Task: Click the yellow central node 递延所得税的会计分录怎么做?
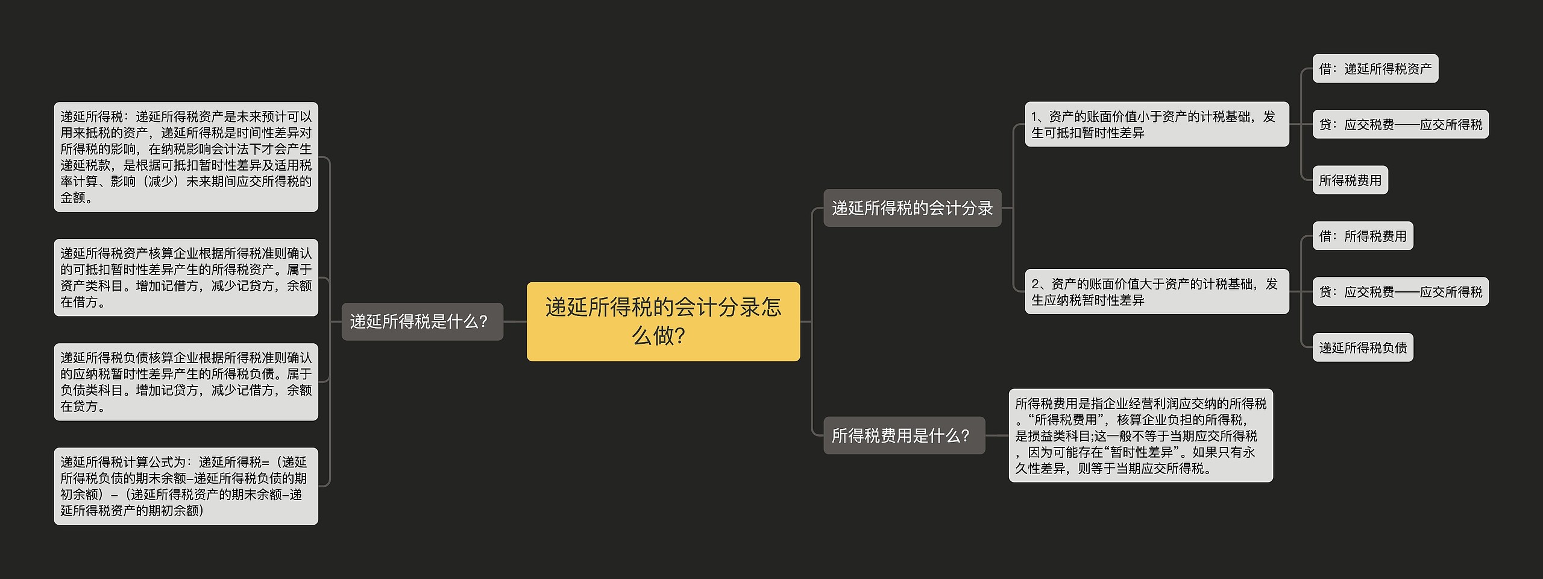(x=663, y=321)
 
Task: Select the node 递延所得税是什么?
(x=422, y=321)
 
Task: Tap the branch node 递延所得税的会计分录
(x=912, y=208)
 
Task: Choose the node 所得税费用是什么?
(x=904, y=435)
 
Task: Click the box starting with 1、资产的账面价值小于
(x=1157, y=124)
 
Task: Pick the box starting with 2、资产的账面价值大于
(x=1157, y=291)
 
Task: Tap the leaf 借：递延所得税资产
(x=1375, y=69)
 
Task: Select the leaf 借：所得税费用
(x=1362, y=236)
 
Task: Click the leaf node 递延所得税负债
(x=1362, y=347)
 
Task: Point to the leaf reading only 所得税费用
(x=1350, y=180)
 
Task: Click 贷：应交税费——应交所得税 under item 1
(x=1400, y=124)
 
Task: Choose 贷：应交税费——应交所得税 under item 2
(x=1400, y=292)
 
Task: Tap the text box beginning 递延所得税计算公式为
(x=186, y=486)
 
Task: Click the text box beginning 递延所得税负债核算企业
(x=186, y=382)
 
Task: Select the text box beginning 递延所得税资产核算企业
(x=186, y=277)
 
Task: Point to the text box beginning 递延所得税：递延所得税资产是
(x=186, y=157)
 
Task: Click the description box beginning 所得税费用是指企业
(x=1140, y=435)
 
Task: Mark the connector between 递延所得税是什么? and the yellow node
(x=515, y=321)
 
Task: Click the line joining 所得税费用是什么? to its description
(x=997, y=435)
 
